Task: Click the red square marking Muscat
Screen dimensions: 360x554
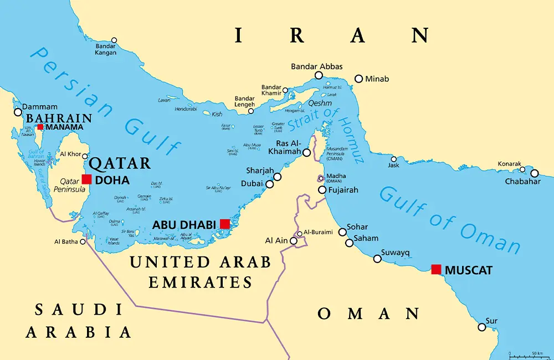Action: pos(437,270)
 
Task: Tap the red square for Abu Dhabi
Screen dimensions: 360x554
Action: pos(224,224)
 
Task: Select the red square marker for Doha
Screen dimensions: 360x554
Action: pos(86,179)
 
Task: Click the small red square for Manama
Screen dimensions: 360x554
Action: pos(40,127)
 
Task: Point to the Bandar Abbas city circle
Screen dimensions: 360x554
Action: pos(319,75)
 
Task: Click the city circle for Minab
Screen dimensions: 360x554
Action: pos(359,79)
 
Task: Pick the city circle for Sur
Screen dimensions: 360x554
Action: pos(482,327)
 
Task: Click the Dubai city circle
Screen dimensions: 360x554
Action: pos(270,184)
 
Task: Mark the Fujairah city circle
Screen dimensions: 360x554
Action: pos(322,190)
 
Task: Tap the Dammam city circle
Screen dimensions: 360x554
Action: pos(18,112)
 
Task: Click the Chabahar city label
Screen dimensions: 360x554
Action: pos(522,181)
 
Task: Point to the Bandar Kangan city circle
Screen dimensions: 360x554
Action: pos(114,40)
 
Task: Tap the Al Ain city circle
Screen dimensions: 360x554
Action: pos(294,241)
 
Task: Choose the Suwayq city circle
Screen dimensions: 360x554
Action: pos(377,259)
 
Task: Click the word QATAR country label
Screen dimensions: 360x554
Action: pos(120,163)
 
